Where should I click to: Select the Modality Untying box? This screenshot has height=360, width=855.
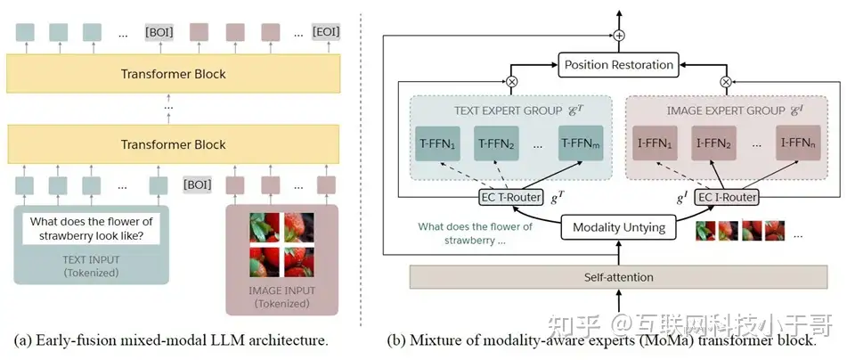(619, 227)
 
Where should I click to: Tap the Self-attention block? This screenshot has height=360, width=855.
(617, 277)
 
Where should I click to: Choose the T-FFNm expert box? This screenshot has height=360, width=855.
(582, 144)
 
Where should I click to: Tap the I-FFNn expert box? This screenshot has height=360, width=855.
(798, 144)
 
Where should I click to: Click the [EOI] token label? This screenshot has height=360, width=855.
(326, 33)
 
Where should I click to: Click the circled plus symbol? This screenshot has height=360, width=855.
(618, 37)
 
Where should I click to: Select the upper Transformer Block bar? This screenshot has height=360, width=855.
(173, 74)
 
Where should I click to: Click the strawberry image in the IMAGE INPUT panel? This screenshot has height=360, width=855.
(283, 241)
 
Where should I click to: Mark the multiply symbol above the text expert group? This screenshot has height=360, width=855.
(511, 81)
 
